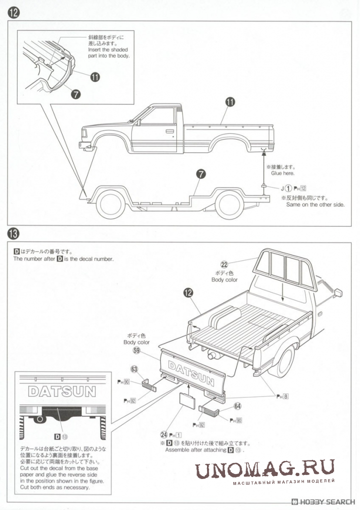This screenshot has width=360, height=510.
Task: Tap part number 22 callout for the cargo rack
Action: pyautogui.click(x=224, y=264)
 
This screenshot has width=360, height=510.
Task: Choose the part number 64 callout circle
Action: pyautogui.click(x=237, y=406)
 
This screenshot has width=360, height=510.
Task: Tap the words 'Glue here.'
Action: pyautogui.click(x=282, y=173)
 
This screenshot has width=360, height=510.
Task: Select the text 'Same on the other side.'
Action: pyautogui.click(x=315, y=204)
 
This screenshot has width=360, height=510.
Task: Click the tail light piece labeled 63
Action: pyautogui.click(x=149, y=385)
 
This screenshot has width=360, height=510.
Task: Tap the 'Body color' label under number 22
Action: pyautogui.click(x=224, y=279)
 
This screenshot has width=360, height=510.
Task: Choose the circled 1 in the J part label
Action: pyautogui.click(x=288, y=188)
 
